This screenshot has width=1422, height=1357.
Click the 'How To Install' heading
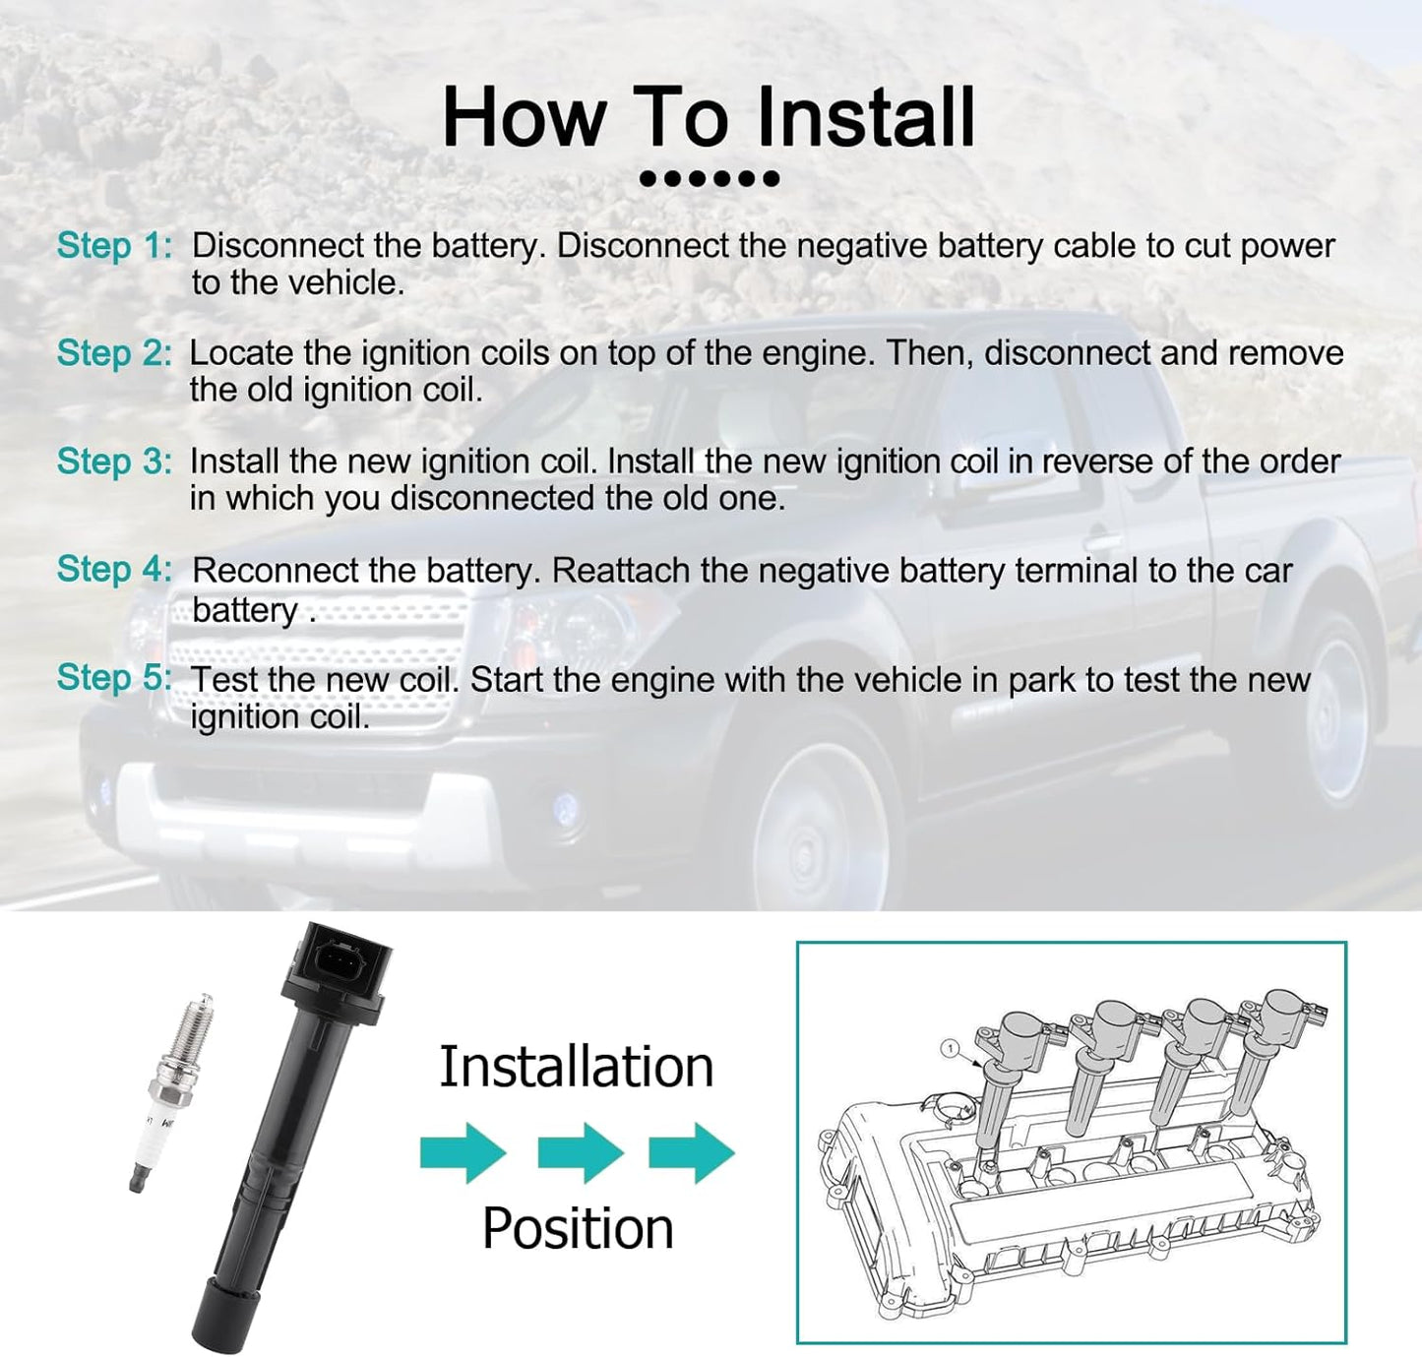click(x=709, y=117)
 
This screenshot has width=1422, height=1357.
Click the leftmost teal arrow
click(x=463, y=1153)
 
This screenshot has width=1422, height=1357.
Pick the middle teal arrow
click(x=581, y=1153)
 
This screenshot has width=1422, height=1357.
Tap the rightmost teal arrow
click(x=692, y=1153)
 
